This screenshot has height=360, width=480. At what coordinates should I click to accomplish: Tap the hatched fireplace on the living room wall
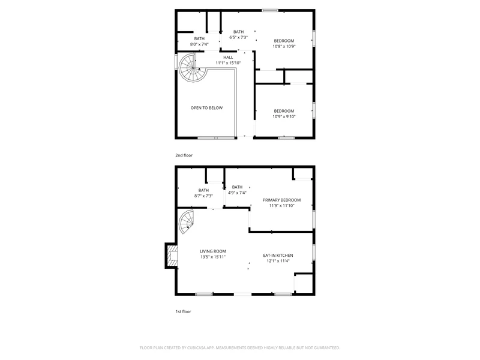tap(172, 256)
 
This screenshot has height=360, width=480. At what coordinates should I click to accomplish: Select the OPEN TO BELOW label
tap(206, 108)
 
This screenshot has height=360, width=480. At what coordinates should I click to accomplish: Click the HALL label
tap(228, 57)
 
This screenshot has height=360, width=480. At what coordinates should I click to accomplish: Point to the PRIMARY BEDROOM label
tap(281, 200)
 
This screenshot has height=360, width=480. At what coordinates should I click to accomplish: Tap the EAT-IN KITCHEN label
tap(278, 256)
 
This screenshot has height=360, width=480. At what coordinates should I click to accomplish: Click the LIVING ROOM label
tap(213, 251)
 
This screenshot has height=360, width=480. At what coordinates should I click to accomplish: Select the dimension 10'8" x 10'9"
tap(284, 47)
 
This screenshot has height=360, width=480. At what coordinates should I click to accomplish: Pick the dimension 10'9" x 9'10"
tap(284, 116)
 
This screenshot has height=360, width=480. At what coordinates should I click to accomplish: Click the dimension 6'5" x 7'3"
tap(238, 37)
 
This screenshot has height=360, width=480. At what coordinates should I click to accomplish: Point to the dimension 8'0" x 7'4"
tap(199, 44)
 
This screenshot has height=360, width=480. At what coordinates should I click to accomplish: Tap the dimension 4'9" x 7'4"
tap(237, 193)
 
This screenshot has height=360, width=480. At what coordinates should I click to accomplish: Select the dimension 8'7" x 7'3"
tap(203, 196)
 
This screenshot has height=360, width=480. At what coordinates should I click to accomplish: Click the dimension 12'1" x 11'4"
tap(278, 261)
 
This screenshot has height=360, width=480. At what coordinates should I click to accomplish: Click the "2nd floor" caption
tap(184, 155)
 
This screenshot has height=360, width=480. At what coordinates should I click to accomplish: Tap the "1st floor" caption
tap(183, 311)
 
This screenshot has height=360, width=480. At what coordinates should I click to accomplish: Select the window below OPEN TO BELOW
tap(216, 138)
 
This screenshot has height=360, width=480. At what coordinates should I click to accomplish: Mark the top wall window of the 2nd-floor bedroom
tap(270, 10)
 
